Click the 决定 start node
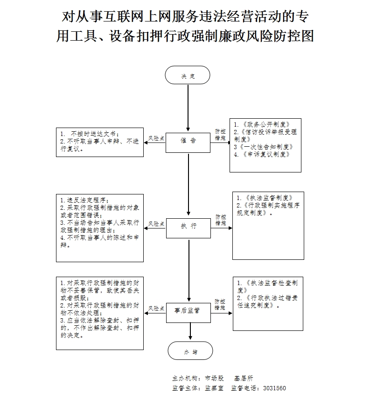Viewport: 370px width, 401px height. [x=188, y=75]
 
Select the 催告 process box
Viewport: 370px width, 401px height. [x=188, y=141]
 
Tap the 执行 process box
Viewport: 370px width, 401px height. [x=188, y=226]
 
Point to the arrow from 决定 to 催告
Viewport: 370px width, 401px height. [x=188, y=107]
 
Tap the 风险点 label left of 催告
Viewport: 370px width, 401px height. [x=156, y=139]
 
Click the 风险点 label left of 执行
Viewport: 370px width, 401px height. [x=156, y=224]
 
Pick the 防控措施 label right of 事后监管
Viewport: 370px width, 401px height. [x=220, y=305]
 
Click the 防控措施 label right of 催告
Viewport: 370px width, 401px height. [x=220, y=135]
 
